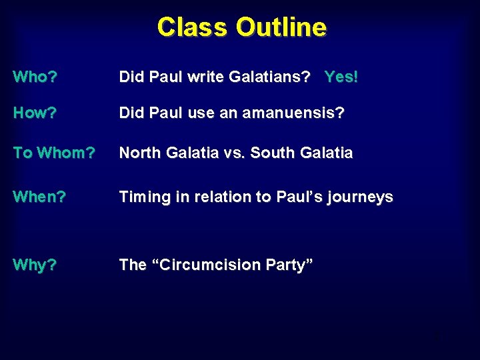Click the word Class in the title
tap(193, 27)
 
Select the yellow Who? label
tap(35, 77)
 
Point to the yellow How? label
tap(35, 113)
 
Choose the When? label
tap(39, 197)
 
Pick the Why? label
tap(35, 265)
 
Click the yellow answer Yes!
tap(341, 77)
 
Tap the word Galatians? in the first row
tap(269, 77)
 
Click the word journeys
tap(361, 198)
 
